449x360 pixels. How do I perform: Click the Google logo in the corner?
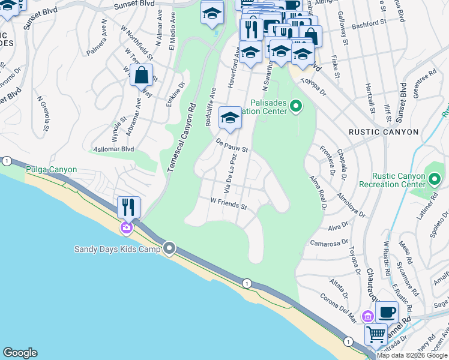click(x=20, y=353)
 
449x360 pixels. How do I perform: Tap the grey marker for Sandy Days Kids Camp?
click(x=170, y=248)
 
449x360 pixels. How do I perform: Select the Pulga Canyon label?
click(x=51, y=170)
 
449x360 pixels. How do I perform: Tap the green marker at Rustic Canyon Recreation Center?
click(x=435, y=178)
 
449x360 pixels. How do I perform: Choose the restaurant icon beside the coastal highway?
click(x=128, y=208)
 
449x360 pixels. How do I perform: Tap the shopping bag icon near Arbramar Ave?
click(x=142, y=76)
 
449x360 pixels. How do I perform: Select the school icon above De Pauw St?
click(x=229, y=118)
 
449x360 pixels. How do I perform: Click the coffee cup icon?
click(x=387, y=312)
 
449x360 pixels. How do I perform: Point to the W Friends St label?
click(x=228, y=204)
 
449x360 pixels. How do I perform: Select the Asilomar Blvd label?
click(x=111, y=149)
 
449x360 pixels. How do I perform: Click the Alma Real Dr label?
click(x=318, y=191)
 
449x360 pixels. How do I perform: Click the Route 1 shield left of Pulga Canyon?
click(x=7, y=161)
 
